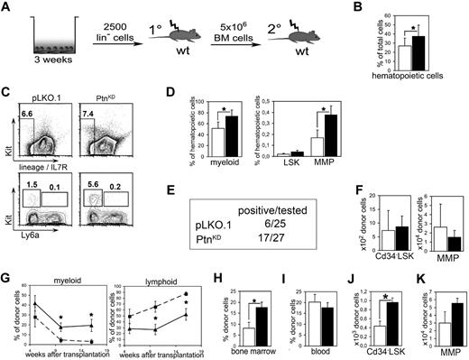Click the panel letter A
pos(8,9)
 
